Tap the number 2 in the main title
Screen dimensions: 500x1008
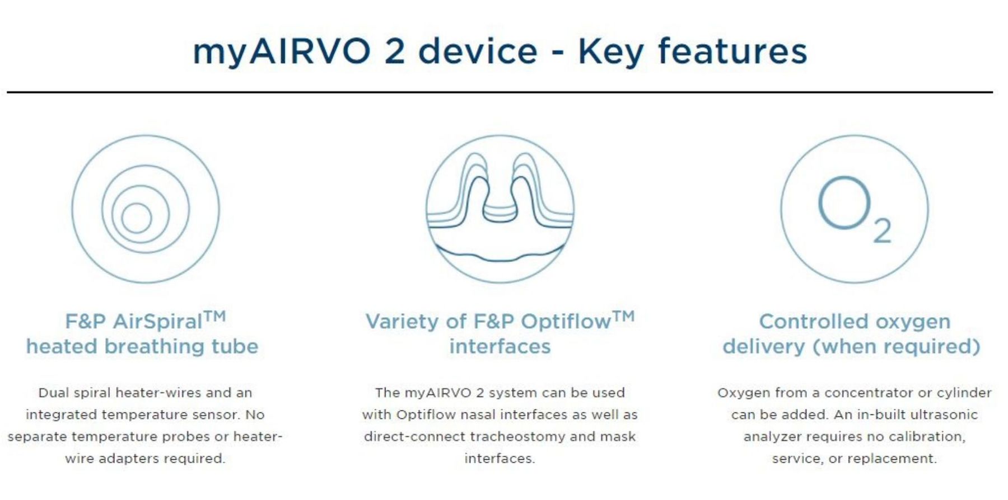[395, 51]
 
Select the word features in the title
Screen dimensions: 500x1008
[732, 51]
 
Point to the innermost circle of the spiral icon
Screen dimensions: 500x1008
[137, 218]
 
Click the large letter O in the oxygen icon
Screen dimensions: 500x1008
[844, 202]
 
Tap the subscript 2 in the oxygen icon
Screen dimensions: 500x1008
[883, 231]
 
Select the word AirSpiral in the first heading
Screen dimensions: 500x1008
[157, 322]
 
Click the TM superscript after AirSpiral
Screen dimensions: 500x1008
[214, 317]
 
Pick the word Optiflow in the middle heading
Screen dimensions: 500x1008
[566, 322]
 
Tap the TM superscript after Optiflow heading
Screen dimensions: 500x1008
[624, 317]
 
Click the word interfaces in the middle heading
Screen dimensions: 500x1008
[500, 347]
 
